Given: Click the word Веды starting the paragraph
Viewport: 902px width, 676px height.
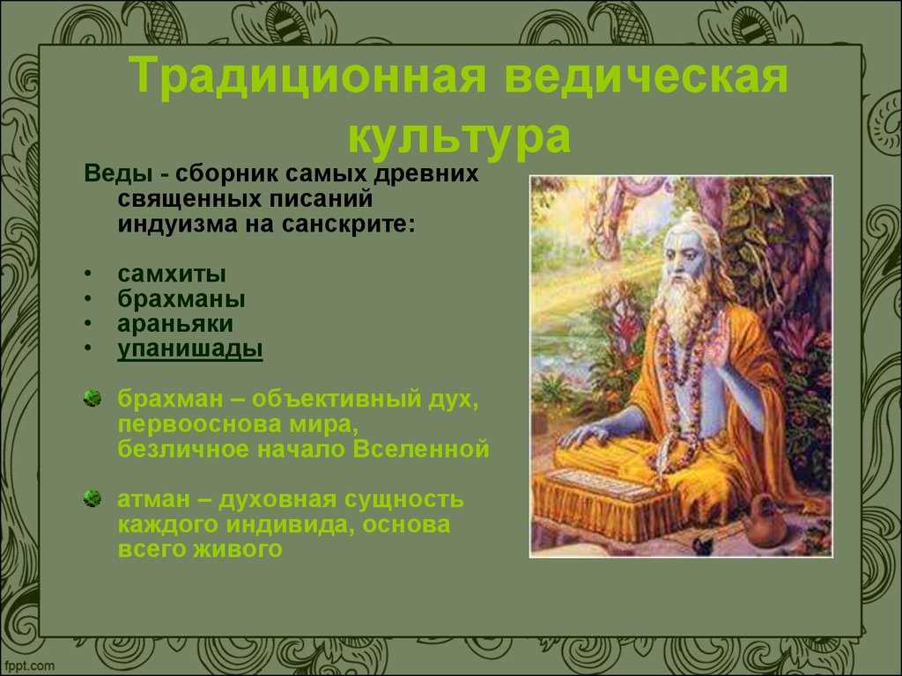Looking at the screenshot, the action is (118, 173).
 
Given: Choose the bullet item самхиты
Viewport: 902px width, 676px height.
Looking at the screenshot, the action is (172, 274).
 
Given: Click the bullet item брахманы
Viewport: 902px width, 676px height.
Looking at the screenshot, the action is (181, 299).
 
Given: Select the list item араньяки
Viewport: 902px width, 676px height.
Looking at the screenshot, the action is (175, 324).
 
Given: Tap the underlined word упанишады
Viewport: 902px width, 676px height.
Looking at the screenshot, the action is (190, 349).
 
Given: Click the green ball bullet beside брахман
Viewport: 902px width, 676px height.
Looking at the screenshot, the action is (92, 398).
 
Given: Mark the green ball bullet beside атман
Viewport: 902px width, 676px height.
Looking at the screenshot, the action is (92, 498).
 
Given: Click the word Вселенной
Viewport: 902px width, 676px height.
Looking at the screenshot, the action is (421, 449).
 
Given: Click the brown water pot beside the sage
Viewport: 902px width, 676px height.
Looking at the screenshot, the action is (764, 522).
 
